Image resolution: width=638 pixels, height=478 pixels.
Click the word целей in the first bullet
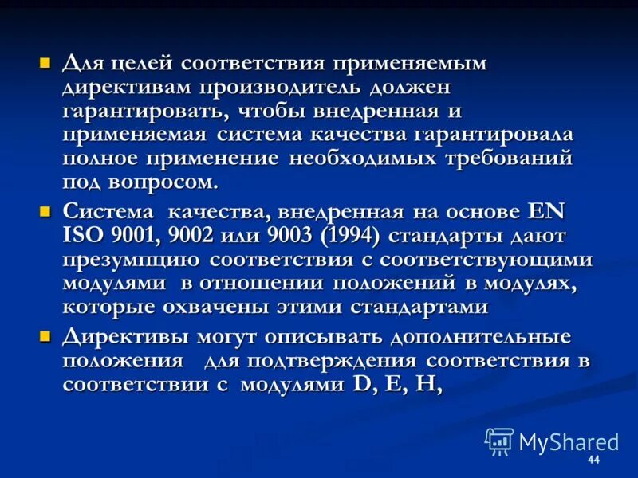click(x=135, y=63)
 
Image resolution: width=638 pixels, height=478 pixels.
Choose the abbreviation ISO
click(x=84, y=236)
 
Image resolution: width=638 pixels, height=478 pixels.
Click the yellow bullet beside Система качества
click(x=46, y=211)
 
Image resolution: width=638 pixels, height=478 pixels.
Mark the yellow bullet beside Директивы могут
click(x=46, y=335)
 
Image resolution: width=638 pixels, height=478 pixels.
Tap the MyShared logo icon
click(x=499, y=441)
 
